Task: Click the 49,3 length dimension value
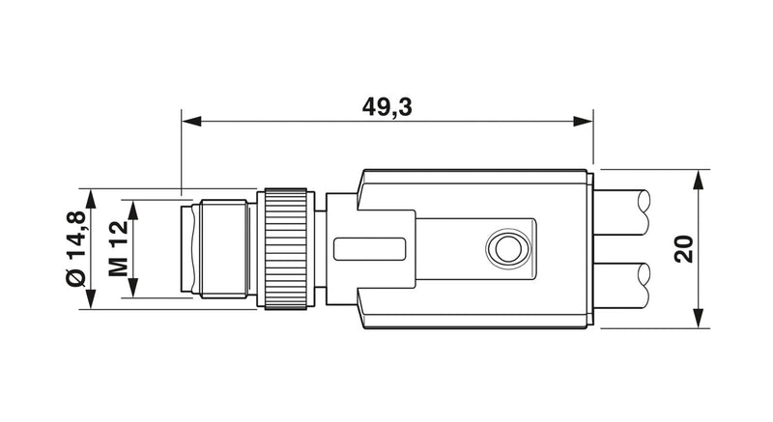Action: tap(387, 107)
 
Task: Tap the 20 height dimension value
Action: tap(684, 249)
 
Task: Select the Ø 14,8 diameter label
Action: tap(76, 248)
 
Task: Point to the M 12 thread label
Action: tap(118, 249)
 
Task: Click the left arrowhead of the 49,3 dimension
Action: tap(191, 121)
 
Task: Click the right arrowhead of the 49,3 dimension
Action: tap(584, 121)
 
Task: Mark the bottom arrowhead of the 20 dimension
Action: tap(698, 318)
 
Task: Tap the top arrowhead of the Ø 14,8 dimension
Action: tap(90, 199)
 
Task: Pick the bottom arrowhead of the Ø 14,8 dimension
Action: tap(90, 299)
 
